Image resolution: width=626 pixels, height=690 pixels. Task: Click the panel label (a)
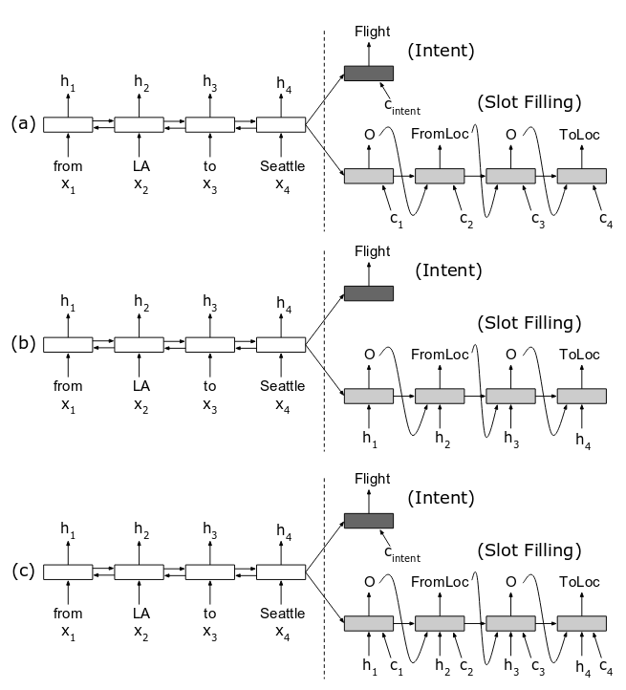pyautogui.click(x=22, y=124)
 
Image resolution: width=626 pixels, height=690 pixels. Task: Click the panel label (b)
pyautogui.click(x=22, y=344)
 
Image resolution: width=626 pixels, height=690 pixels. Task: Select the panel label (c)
pyautogui.click(x=22, y=571)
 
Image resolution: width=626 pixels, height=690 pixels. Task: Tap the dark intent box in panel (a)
pyautogui.click(x=368, y=74)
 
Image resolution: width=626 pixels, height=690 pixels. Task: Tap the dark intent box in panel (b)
pyautogui.click(x=368, y=293)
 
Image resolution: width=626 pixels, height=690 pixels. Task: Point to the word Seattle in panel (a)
pyautogui.click(x=282, y=166)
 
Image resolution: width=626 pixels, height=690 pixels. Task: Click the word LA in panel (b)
pyautogui.click(x=141, y=386)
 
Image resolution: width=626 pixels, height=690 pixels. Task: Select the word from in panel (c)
pyautogui.click(x=68, y=614)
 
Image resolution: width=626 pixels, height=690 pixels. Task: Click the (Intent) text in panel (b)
pyautogui.click(x=448, y=270)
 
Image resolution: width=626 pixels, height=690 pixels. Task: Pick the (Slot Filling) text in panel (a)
pyautogui.click(x=529, y=101)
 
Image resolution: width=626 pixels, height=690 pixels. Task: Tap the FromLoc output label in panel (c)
pyautogui.click(x=440, y=581)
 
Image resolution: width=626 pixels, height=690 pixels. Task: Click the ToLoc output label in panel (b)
pyautogui.click(x=580, y=354)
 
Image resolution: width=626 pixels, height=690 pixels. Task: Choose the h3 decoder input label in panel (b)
pyautogui.click(x=511, y=439)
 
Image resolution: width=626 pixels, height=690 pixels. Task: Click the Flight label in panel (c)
pyautogui.click(x=372, y=479)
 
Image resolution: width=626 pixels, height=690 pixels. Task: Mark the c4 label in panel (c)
pyautogui.click(x=605, y=666)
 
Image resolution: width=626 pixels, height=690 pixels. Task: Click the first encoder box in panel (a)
pyautogui.click(x=68, y=124)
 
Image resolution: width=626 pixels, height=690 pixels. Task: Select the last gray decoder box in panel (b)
pyautogui.click(x=582, y=396)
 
